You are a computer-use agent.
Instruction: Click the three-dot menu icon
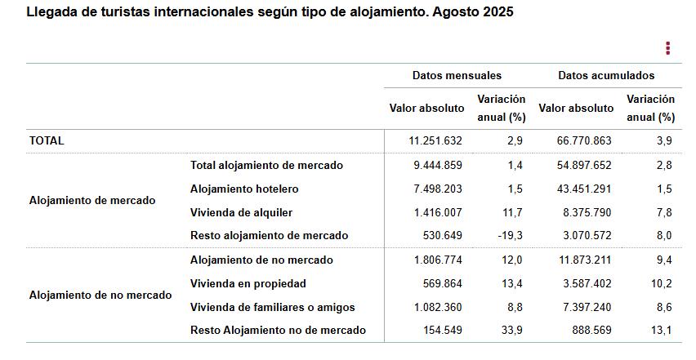point(667,48)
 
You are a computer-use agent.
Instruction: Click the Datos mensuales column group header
point(457,75)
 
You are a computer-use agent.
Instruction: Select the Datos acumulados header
point(606,75)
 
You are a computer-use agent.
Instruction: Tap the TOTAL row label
point(47,140)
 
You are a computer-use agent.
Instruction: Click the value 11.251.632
point(435,140)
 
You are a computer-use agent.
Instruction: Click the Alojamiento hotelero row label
point(244,189)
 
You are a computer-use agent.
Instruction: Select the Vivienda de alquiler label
point(241,212)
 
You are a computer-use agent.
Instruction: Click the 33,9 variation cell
point(511,331)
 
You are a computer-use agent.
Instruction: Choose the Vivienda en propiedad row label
point(248,283)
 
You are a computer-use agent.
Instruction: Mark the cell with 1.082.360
point(438,307)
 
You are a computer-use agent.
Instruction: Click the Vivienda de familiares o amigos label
point(272,307)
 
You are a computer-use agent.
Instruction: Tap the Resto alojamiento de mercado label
point(269,235)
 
